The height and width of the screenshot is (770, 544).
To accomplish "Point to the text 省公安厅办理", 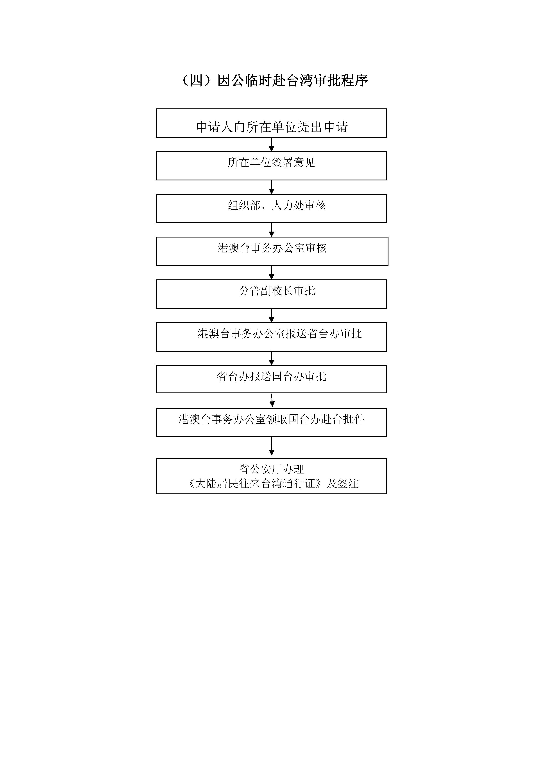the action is coord(272,469).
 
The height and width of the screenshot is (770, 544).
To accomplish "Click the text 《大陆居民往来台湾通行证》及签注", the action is coord(274,483).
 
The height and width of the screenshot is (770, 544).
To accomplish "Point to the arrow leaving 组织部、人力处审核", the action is coord(272,230).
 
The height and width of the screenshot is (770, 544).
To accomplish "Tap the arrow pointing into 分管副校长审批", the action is coord(272,273).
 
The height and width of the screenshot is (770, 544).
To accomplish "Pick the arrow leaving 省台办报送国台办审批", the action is coord(272,400).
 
